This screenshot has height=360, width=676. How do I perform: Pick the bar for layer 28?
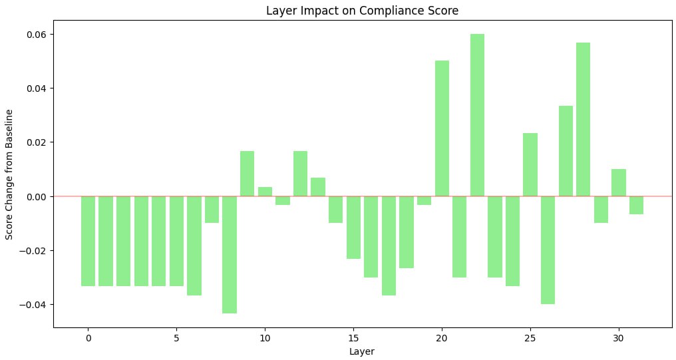click(584, 119)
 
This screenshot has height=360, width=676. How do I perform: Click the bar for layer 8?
click(230, 254)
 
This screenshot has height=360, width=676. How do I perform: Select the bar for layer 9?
click(248, 174)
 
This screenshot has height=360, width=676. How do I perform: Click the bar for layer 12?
click(300, 174)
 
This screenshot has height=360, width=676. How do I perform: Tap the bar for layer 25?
click(530, 164)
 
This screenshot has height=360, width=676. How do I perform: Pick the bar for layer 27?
click(566, 151)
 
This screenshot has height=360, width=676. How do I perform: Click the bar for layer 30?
click(619, 182)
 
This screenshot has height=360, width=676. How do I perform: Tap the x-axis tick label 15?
click(353, 338)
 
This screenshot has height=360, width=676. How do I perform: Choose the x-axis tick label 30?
click(619, 338)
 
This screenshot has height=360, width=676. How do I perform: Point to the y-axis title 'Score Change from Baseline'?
click(10, 176)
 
